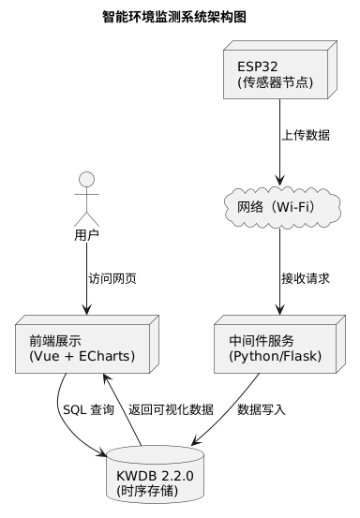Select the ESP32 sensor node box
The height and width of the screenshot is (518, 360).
coord(280,74)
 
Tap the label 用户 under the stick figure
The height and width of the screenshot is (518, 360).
coord(87,234)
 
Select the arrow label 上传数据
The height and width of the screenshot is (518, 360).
coord(305,135)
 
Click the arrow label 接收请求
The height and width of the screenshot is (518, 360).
coord(305,278)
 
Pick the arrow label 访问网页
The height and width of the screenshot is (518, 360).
coord(112,278)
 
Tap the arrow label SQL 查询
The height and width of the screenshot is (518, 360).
coord(88,409)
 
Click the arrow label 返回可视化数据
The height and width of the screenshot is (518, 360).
coord(171,409)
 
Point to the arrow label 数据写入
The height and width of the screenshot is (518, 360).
coord(262,409)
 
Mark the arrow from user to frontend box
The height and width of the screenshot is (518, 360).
coord(87,281)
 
